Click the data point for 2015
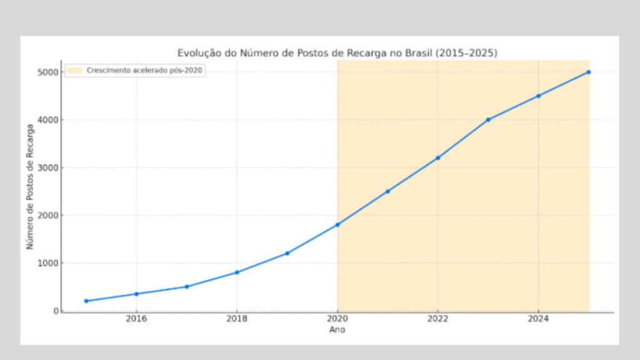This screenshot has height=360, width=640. click(x=86, y=301)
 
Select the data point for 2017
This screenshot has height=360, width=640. click(x=186, y=287)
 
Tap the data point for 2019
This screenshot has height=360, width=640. click(x=287, y=253)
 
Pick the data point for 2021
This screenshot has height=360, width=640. click(x=387, y=191)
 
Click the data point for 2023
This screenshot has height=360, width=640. click(x=488, y=119)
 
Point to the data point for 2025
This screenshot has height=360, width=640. click(x=588, y=72)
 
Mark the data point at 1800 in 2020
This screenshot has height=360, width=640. click(x=337, y=224)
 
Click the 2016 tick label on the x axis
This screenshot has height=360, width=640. click(x=136, y=319)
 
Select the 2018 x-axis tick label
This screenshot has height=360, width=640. click(x=237, y=319)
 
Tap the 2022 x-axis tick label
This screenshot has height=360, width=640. click(x=437, y=319)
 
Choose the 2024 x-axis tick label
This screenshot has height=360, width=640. click(x=538, y=319)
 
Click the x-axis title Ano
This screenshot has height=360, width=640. click(x=337, y=329)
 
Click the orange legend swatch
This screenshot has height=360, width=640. click(x=74, y=71)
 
